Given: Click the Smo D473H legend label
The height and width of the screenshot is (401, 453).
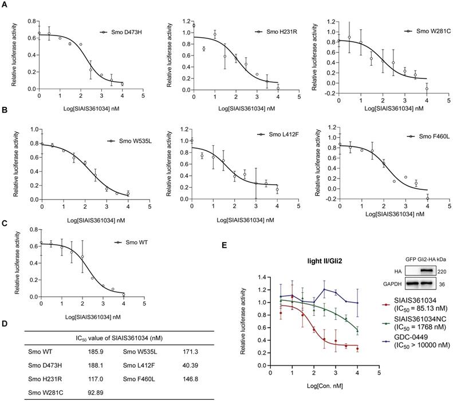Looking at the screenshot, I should pyautogui.click(x=124, y=33).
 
